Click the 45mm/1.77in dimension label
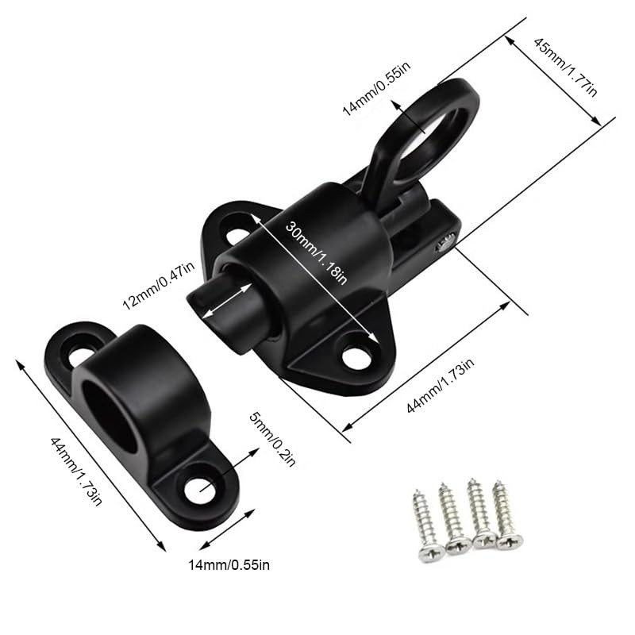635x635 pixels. click(x=564, y=67)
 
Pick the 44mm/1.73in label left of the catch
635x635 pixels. click(x=76, y=471)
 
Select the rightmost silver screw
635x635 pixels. click(x=506, y=513)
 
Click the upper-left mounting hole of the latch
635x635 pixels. click(x=237, y=236)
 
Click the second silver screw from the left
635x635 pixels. click(x=453, y=519)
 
